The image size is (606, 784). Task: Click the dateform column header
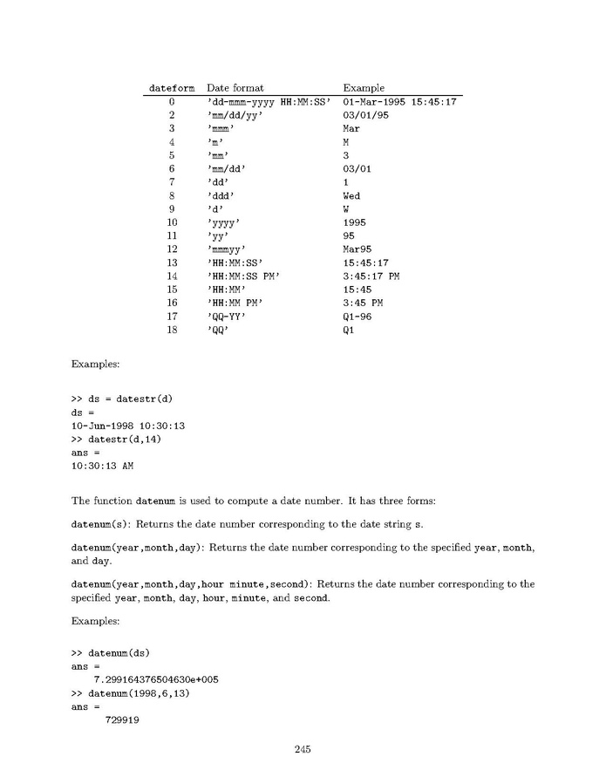coord(174,88)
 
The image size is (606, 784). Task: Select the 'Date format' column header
coord(235,88)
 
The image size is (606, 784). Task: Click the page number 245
coord(303,748)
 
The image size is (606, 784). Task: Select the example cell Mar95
coord(357,249)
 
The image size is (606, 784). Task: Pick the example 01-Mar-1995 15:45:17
coord(400,102)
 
